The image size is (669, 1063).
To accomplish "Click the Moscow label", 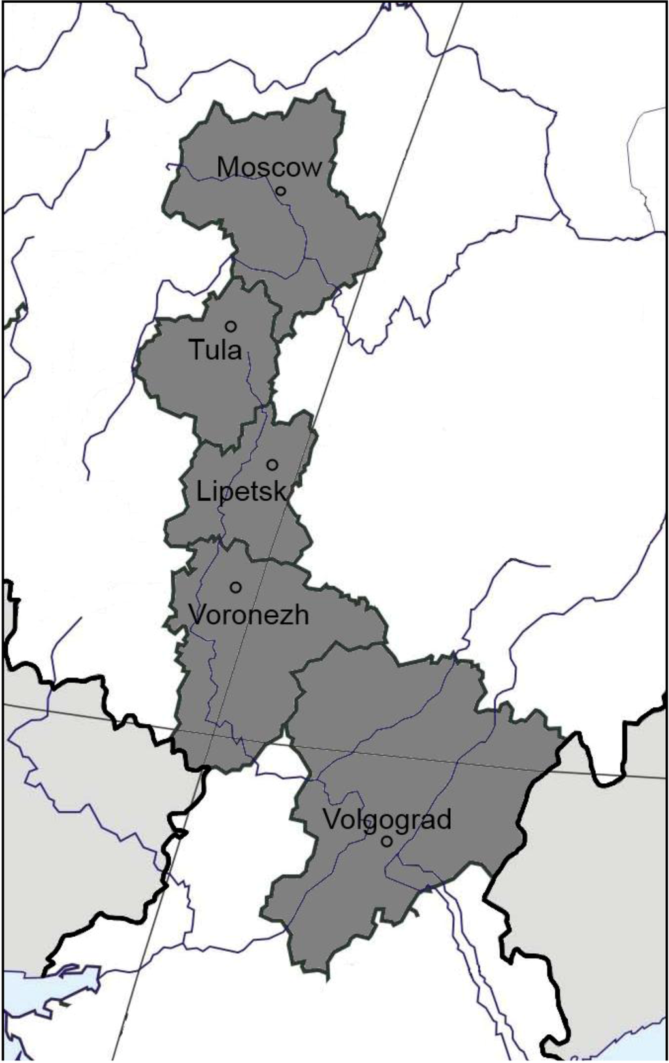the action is (269, 168).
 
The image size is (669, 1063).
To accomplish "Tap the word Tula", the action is (216, 350).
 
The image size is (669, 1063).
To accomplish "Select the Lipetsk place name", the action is (241, 492).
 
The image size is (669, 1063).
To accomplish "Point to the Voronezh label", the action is (248, 615).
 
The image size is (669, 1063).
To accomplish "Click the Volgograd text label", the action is (387, 819).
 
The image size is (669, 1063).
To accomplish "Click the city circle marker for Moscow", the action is (280, 191).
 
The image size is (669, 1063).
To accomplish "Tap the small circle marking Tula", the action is (231, 326).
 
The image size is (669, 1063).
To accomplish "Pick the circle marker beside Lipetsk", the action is (272, 465).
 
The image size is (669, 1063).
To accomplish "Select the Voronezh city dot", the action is (236, 587).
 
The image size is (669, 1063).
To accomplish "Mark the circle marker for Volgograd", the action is (387, 841).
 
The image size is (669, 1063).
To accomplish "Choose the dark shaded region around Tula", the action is (196, 386).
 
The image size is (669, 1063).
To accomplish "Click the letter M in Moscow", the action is (226, 168).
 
